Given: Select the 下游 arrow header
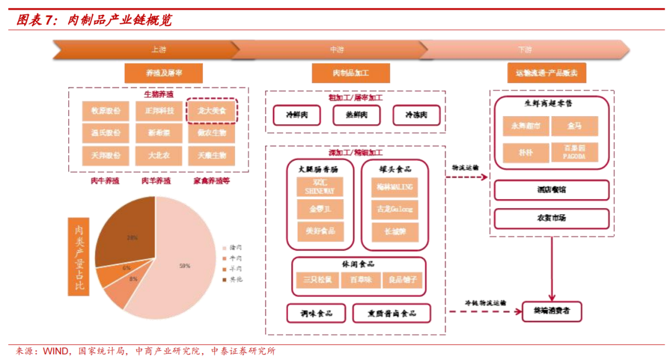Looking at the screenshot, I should (525, 49).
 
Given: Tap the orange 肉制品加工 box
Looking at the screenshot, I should (351, 73).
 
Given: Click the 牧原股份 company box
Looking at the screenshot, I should (105, 111).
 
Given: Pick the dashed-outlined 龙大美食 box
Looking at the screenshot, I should (212, 111).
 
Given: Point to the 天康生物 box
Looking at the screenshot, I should (212, 155).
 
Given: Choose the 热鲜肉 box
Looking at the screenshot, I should (356, 115).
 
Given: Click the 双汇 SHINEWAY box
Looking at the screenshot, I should (320, 187).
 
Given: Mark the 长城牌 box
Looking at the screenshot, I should (395, 232).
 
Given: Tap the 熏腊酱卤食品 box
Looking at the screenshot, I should (392, 313).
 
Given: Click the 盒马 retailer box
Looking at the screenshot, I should (574, 126).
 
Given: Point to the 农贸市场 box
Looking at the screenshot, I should (551, 218).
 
